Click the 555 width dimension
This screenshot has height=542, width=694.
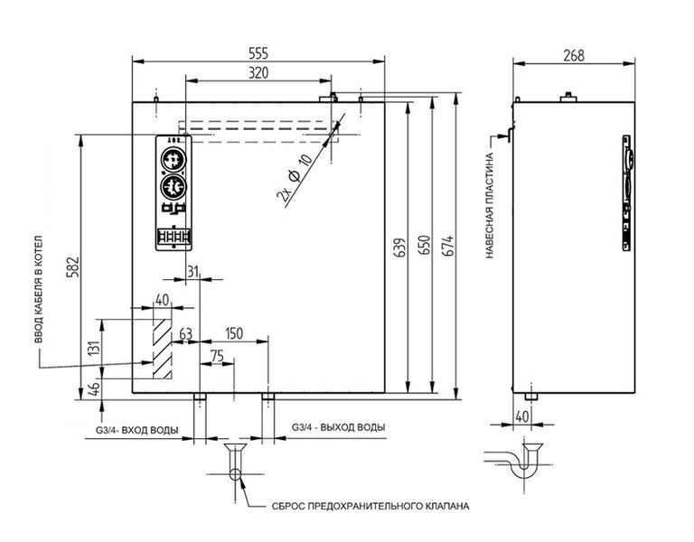click(x=258, y=53)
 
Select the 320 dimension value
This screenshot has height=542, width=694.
click(x=258, y=72)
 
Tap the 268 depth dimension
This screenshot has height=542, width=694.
click(x=574, y=55)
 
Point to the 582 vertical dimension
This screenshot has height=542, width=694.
click(x=72, y=266)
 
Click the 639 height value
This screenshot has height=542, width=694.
click(x=399, y=248)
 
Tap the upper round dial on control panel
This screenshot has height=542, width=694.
click(x=173, y=159)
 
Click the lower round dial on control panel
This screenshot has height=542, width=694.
click(x=173, y=187)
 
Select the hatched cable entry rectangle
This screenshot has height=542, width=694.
click(x=162, y=349)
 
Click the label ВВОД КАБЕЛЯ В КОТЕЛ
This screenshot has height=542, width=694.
click(x=39, y=289)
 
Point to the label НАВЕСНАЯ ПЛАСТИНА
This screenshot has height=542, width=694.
click(x=490, y=205)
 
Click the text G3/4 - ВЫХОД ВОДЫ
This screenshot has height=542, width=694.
click(x=339, y=427)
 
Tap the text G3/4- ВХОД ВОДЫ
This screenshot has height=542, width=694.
click(x=137, y=430)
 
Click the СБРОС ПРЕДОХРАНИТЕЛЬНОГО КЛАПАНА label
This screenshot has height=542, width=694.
click(x=370, y=506)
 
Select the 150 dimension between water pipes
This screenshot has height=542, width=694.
click(x=234, y=333)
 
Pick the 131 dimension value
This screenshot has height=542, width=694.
click(x=94, y=348)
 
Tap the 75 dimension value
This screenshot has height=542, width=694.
click(x=217, y=356)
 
